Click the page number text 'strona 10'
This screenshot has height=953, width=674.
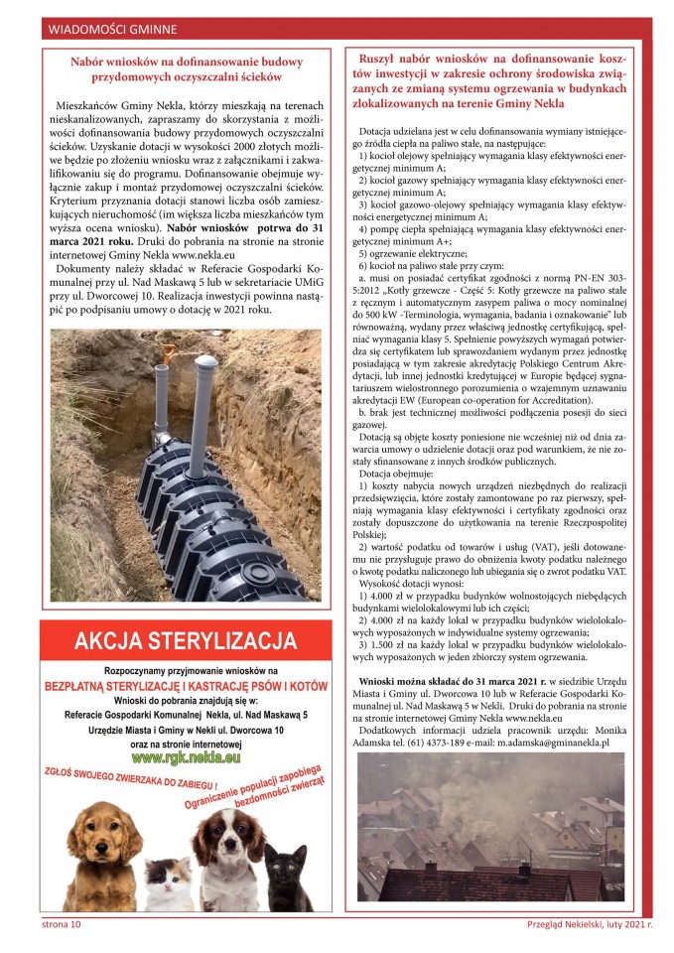tap(61, 924)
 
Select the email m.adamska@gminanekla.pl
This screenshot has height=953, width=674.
tap(567, 742)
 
